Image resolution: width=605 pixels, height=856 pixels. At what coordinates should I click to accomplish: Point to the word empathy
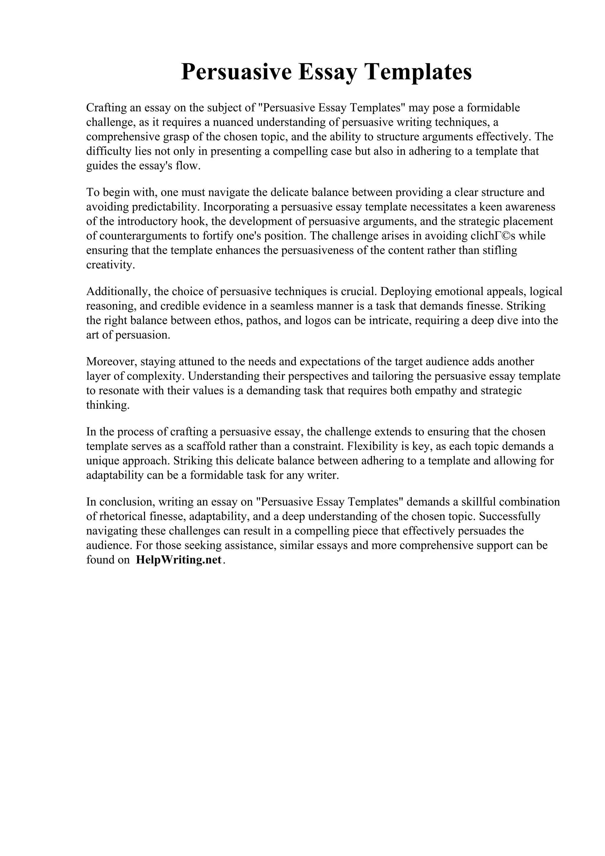point(447,390)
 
